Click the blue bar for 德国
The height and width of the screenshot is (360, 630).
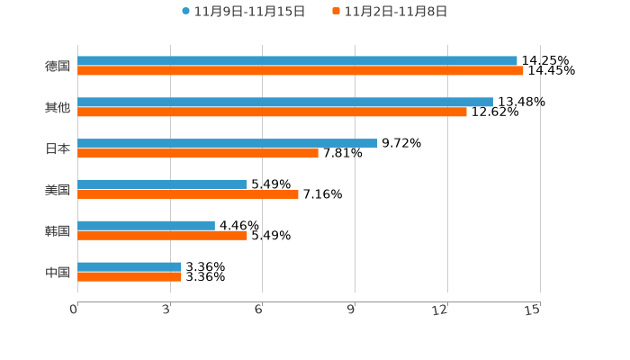click(297, 61)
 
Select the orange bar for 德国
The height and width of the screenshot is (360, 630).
click(301, 71)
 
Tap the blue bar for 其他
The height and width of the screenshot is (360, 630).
click(285, 103)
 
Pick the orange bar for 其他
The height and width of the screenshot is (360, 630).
click(272, 112)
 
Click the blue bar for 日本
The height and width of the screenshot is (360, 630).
click(228, 143)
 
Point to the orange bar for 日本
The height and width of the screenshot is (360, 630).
click(198, 154)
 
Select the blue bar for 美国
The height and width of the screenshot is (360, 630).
click(162, 184)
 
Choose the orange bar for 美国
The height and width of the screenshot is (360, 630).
click(188, 194)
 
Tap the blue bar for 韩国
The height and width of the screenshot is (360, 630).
click(146, 225)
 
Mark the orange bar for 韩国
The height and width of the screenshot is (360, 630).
click(162, 236)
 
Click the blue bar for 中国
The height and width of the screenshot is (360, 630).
click(130, 266)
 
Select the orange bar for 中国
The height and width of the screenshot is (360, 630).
click(130, 276)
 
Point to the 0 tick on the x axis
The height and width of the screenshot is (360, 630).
click(75, 310)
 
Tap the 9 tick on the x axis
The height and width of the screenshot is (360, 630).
click(353, 310)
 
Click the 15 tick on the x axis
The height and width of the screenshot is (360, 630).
click(533, 310)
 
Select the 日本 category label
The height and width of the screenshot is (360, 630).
click(58, 148)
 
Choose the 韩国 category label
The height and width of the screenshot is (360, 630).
click(58, 230)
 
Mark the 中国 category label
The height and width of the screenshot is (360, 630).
click(58, 272)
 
